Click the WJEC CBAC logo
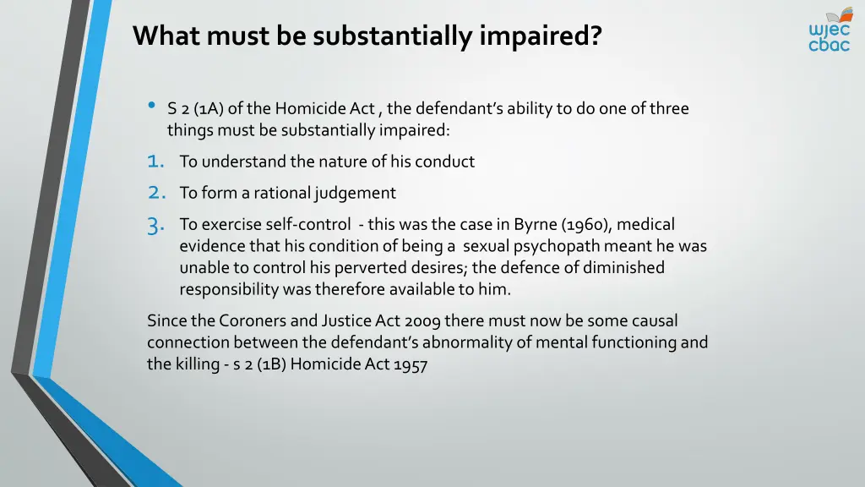pos(829,30)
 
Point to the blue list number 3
pos(155,226)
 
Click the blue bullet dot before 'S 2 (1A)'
pos(151,106)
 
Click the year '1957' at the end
pos(411,365)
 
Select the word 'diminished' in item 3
pos(626,268)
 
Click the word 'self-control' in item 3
pos(310,224)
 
